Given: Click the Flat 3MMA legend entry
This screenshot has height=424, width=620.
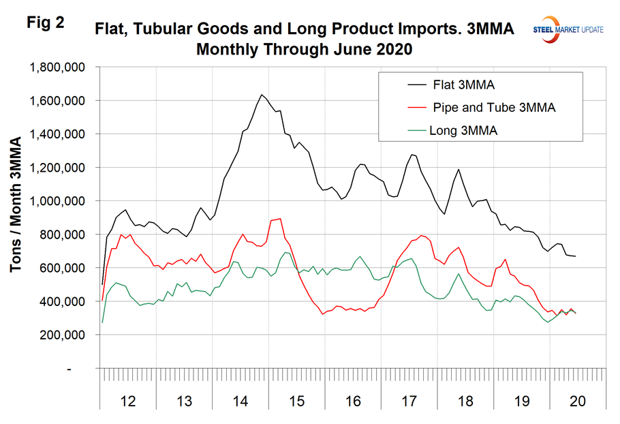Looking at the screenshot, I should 450,85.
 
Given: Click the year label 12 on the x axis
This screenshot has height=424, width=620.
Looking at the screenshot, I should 127,401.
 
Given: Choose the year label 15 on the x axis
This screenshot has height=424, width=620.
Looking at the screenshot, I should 296,401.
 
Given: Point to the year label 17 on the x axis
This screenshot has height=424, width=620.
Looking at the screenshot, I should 409,401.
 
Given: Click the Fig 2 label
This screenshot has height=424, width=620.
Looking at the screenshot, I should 46,22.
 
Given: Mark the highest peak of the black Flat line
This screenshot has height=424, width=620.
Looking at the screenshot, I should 262,95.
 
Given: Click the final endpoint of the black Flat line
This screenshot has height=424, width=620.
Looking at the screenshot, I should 576,256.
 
